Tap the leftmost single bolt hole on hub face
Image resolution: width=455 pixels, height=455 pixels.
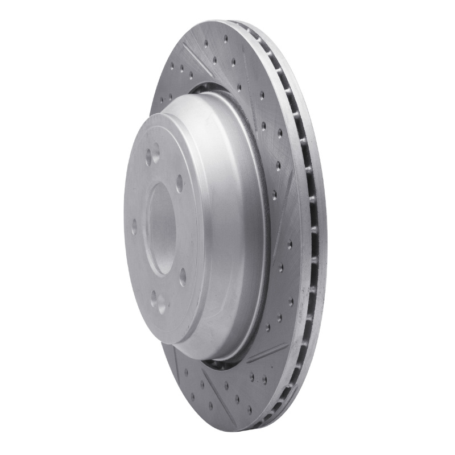tap(134, 227)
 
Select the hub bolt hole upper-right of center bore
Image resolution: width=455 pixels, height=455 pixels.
tap(180, 183)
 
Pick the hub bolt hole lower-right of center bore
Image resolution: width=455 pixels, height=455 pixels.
tap(183, 277)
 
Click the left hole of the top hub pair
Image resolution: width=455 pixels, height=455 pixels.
tap(148, 157)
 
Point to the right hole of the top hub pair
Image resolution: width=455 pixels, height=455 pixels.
tap(156, 152)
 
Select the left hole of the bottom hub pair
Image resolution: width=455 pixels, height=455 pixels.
tap(153, 299)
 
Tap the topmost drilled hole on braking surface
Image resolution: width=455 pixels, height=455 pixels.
tap(226, 39)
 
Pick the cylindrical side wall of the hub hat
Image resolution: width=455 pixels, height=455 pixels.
tap(227, 227)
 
